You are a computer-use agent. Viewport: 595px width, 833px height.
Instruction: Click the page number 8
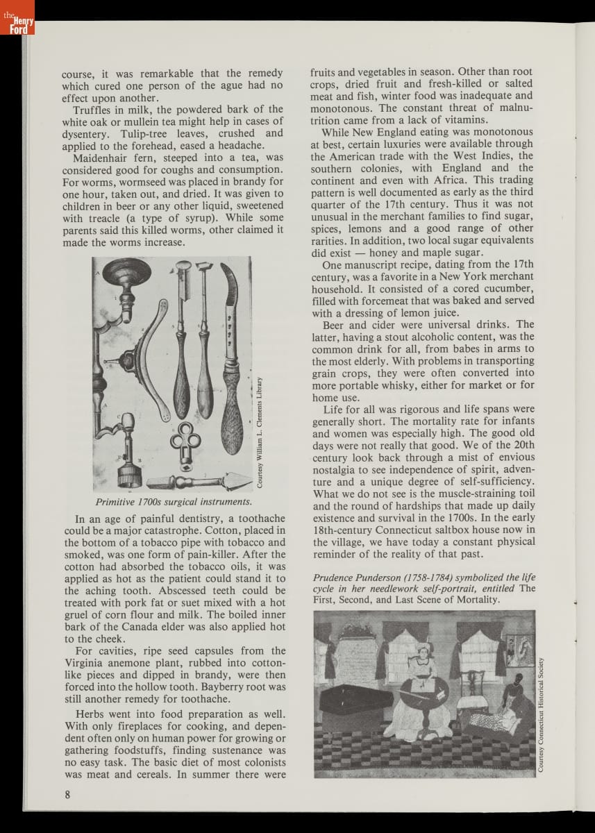point(67,795)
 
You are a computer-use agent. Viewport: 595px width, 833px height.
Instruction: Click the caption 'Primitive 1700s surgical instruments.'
point(174,501)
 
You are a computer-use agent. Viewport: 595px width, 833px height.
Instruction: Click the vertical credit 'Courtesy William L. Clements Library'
point(259,431)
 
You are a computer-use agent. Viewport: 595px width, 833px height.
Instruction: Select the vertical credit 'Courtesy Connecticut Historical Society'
point(542,713)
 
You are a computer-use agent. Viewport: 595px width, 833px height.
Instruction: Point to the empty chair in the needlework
point(473,688)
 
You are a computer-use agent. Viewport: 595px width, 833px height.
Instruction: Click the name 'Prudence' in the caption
point(335,577)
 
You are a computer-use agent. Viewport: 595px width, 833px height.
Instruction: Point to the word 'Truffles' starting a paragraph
point(94,109)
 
